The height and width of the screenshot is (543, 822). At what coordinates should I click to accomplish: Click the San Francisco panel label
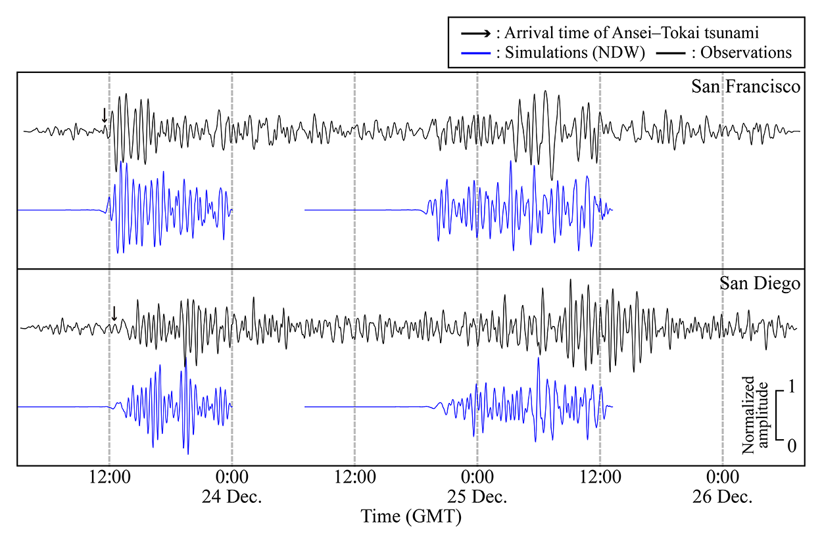tap(746, 87)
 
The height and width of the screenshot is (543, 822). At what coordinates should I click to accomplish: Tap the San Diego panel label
tap(760, 285)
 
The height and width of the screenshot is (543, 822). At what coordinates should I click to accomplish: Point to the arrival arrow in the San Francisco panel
tap(104, 116)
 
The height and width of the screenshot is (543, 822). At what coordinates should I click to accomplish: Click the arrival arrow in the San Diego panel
tap(114, 313)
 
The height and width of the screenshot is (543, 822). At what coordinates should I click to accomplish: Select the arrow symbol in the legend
tap(474, 31)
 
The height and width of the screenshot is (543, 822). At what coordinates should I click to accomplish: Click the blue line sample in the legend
tap(474, 53)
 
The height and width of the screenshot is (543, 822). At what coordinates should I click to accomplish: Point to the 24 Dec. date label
tap(231, 496)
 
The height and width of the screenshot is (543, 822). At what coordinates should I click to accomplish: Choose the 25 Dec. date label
tap(477, 496)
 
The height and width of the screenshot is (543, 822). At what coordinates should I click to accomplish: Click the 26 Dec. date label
tap(722, 496)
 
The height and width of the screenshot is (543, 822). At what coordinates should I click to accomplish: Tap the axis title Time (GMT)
tap(411, 517)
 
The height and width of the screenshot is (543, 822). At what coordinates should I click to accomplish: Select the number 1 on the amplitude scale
tap(792, 387)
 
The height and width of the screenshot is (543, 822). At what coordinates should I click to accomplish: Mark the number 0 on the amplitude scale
tap(792, 445)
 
